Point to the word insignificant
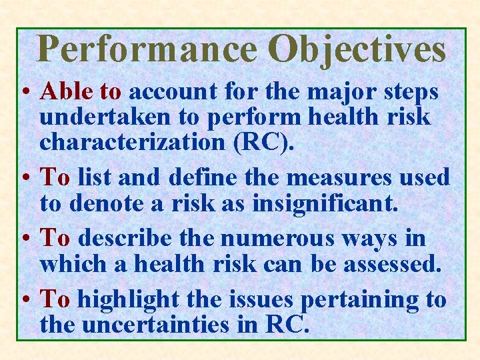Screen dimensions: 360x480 [x=325, y=203]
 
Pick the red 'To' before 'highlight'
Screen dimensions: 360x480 [x=55, y=299]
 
